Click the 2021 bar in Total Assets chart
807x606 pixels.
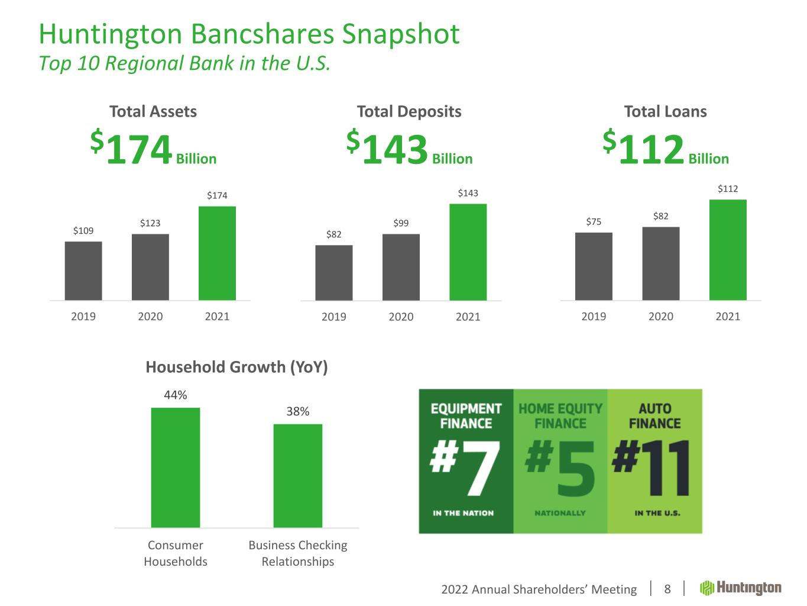pos(217,253)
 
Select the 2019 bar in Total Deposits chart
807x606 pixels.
pos(334,273)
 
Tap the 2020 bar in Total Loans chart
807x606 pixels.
pos(660,263)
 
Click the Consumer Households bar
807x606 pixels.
pos(176,468)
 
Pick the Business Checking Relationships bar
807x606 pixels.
pos(298,475)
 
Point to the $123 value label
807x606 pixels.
pos(150,223)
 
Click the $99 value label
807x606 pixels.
pos(401,223)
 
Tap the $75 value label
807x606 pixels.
pos(594,222)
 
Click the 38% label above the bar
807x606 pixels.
pos(298,411)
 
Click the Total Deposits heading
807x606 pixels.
pos(409,111)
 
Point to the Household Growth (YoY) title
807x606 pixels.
pos(236,368)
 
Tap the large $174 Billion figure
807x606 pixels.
pos(153,149)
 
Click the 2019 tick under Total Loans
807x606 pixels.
pos(594,317)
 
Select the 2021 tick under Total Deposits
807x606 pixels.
pos(468,317)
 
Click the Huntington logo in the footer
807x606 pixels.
pos(741,588)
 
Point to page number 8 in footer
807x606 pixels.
pos(667,589)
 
